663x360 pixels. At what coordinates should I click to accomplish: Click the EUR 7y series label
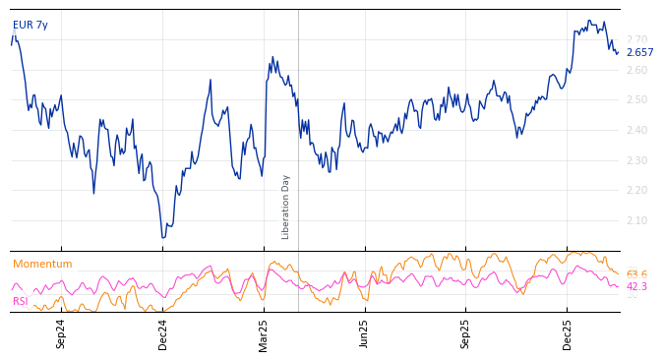[30, 25]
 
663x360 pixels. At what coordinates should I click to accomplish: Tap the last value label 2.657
[639, 52]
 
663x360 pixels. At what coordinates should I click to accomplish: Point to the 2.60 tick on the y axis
[635, 70]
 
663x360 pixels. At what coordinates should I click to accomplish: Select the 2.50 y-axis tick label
[635, 100]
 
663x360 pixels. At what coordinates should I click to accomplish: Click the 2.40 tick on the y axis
[635, 130]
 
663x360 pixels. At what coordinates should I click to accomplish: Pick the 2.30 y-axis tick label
[635, 160]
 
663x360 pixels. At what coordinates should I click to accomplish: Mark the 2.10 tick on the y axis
[635, 220]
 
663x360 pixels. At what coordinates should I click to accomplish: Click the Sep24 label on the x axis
[61, 333]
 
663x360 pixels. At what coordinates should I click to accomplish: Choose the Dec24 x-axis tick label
[163, 333]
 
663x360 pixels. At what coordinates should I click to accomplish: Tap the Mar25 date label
[264, 333]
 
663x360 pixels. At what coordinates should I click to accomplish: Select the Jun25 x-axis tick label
[365, 333]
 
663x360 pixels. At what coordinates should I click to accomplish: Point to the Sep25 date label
[466, 333]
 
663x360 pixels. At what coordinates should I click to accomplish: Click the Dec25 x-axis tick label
[568, 333]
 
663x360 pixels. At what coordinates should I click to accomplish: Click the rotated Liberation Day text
[286, 207]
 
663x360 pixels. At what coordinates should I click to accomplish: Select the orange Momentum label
[42, 264]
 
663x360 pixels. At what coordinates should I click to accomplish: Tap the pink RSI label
[20, 301]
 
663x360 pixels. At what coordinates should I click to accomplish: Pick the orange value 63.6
[636, 274]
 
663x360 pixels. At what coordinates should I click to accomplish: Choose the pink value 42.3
[636, 286]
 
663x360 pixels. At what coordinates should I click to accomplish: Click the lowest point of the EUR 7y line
[163, 237]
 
